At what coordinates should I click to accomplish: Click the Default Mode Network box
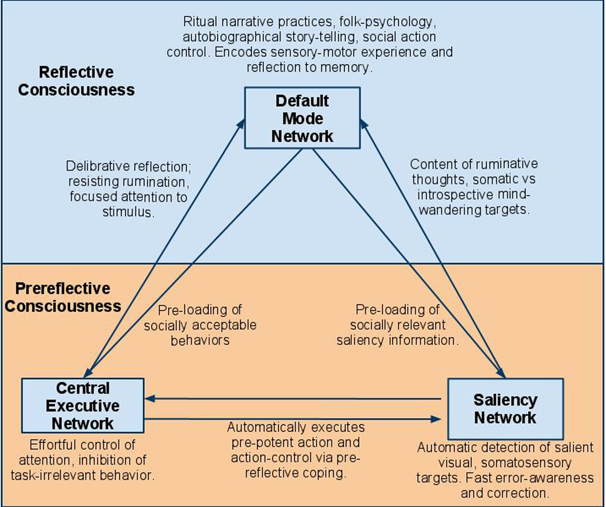(302, 118)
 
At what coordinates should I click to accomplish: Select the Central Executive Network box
(83, 406)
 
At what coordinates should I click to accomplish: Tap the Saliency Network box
(505, 409)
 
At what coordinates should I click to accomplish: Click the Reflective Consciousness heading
(76, 81)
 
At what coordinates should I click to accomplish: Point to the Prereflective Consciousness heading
(63, 297)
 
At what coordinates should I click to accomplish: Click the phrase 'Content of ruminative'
(474, 164)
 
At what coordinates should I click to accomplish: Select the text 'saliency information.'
(398, 340)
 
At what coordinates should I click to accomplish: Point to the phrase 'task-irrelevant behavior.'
(83, 475)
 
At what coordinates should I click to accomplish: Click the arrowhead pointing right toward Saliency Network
(435, 419)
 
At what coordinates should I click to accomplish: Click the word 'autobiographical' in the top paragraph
(232, 37)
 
